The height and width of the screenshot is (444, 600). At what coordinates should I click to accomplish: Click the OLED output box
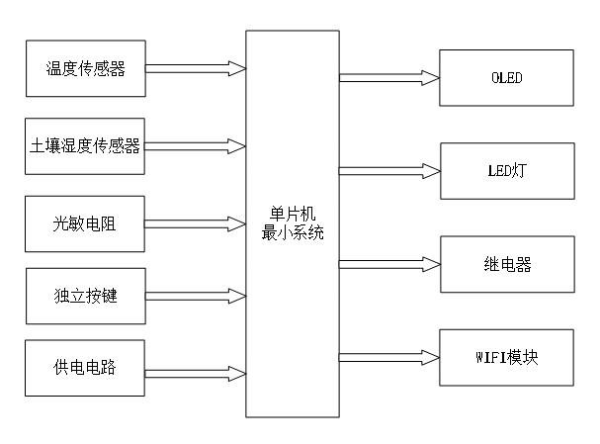(x=505, y=77)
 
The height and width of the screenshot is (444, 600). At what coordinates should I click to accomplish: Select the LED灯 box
(x=505, y=170)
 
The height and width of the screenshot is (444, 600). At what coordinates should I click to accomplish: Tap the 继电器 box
(x=505, y=264)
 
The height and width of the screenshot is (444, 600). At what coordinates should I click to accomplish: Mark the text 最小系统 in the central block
(x=292, y=235)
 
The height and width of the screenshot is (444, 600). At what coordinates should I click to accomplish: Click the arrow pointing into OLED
(x=388, y=77)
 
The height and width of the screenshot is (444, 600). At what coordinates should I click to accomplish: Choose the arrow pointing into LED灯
(x=388, y=170)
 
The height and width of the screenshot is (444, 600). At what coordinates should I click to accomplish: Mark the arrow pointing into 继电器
(x=388, y=264)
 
